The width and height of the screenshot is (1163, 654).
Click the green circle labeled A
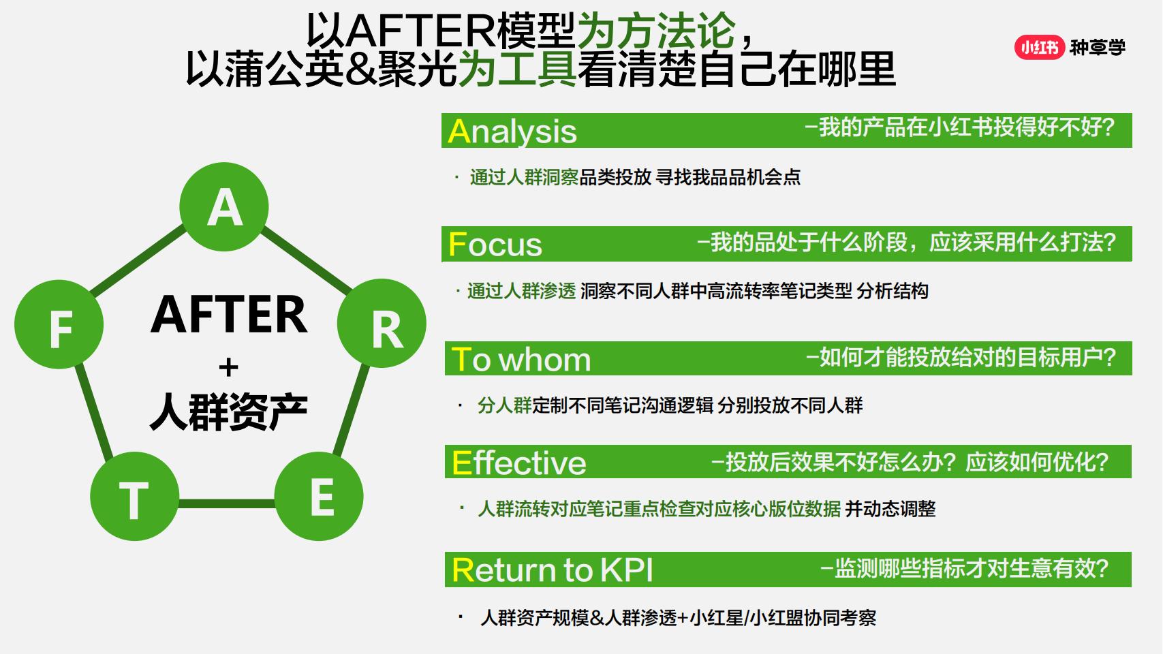224,206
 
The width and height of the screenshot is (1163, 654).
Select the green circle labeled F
59,324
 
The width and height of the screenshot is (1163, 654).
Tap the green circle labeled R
382,324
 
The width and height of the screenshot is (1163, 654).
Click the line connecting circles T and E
226,503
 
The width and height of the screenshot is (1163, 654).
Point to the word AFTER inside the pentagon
229,314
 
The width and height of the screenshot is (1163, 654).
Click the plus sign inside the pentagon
228,368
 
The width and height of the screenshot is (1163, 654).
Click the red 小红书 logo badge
1039,47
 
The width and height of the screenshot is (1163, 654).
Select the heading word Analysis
512,131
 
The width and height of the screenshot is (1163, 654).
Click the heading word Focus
495,245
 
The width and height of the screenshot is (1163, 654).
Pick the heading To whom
522,360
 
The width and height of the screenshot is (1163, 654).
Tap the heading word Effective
519,463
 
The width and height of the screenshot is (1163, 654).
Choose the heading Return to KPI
553,570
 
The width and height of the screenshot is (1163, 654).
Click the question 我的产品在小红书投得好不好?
959,127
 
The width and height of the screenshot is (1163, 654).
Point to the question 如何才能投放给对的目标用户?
961,358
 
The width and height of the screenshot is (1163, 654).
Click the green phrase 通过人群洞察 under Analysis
524,178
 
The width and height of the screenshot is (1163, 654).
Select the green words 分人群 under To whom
504,406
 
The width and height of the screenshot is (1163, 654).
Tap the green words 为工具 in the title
517,69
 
